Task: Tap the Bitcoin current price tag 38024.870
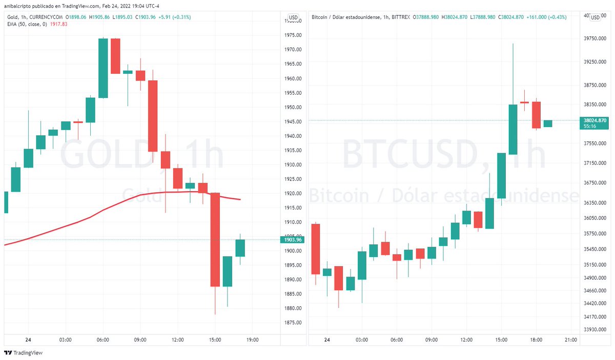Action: (x=594, y=120)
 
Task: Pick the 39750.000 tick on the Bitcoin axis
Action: (x=595, y=38)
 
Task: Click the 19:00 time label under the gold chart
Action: (x=253, y=340)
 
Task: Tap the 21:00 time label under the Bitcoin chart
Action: (x=571, y=340)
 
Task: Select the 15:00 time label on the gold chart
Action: (x=215, y=340)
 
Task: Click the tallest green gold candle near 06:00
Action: (x=103, y=68)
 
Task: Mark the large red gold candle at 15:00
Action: (x=215, y=239)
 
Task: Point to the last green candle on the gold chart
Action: (x=240, y=248)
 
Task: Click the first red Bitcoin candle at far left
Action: (x=316, y=249)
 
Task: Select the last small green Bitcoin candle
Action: (x=548, y=123)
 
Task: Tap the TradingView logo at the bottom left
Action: (x=24, y=353)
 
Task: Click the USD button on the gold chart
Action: (x=294, y=17)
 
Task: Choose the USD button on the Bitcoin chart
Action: (x=595, y=17)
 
